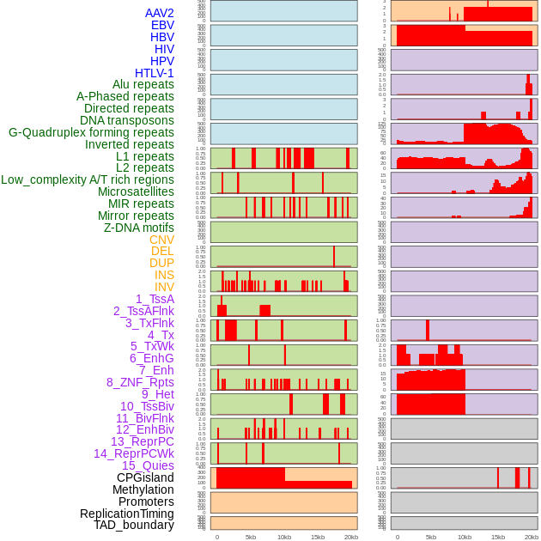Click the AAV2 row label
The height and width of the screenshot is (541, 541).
tap(159, 13)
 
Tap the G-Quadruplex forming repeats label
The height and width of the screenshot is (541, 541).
tap(91, 132)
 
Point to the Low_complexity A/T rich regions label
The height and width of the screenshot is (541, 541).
tap(87, 179)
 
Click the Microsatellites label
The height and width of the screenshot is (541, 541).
tap(136, 191)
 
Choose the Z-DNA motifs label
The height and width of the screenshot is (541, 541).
tap(138, 228)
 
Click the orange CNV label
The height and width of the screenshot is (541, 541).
tap(161, 240)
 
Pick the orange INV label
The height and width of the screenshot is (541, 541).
tap(164, 287)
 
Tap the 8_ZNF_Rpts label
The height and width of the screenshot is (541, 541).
tap(140, 382)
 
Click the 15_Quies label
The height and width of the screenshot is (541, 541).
tap(147, 465)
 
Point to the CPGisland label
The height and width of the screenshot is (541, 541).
tap(145, 477)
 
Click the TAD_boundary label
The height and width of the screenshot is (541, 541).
tap(133, 525)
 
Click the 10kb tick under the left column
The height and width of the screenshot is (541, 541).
tap(284, 537)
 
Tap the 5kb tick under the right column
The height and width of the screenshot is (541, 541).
tap(431, 537)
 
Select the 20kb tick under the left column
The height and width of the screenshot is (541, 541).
tap(351, 537)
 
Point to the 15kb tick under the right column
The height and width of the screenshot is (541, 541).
tap(498, 537)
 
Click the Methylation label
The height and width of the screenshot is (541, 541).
tap(143, 489)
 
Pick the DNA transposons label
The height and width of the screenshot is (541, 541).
tap(127, 120)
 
